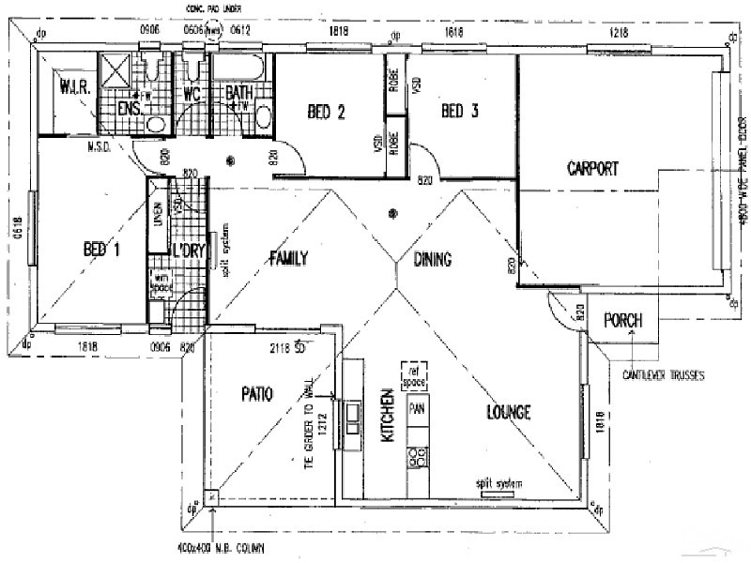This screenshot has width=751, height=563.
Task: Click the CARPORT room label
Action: point(592,169)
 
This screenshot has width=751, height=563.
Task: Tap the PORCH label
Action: point(622,320)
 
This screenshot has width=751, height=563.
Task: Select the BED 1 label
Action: point(102,250)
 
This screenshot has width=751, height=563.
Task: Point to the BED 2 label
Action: point(327,113)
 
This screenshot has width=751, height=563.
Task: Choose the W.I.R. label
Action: point(74,89)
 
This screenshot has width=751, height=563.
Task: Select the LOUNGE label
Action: point(509,412)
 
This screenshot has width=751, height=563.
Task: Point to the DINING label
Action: point(431,260)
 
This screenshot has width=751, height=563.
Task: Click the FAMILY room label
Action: point(288,259)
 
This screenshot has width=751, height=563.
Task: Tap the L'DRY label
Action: point(189,250)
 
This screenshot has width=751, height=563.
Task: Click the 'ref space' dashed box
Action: point(414,373)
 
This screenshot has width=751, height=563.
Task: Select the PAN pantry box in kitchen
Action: point(416,409)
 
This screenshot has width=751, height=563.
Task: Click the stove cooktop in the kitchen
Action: point(417,458)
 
